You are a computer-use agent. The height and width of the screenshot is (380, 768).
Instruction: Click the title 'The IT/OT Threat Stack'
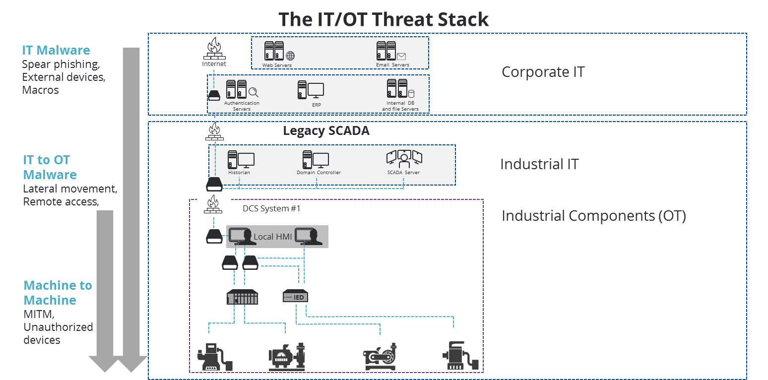pyautogui.click(x=383, y=19)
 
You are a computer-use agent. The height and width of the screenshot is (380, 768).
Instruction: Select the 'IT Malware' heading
pyautogui.click(x=56, y=50)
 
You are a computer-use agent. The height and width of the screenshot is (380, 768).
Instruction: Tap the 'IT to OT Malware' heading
pyautogui.click(x=50, y=167)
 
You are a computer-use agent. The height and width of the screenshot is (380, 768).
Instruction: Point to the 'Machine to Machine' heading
pyautogui.click(x=58, y=293)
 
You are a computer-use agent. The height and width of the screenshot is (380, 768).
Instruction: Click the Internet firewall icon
pyautogui.click(x=214, y=48)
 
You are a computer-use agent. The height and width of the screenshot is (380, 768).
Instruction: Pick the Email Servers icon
pyautogui.click(x=391, y=51)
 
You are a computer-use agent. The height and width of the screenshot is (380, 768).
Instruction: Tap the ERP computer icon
pyautogui.click(x=311, y=90)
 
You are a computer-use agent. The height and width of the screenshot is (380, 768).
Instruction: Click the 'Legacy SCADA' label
pyautogui.click(x=326, y=131)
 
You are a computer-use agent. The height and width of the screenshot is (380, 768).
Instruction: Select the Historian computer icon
pyautogui.click(x=241, y=159)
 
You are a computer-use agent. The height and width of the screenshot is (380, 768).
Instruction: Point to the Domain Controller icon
pyautogui.click(x=316, y=159)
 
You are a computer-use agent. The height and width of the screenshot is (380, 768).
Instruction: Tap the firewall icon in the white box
pyautogui.click(x=214, y=205)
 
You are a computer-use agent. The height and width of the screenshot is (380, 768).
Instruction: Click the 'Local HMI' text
pyautogui.click(x=272, y=237)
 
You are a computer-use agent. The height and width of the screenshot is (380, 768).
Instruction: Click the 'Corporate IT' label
pyautogui.click(x=543, y=72)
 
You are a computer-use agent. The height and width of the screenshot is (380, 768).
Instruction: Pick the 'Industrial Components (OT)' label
pyautogui.click(x=593, y=216)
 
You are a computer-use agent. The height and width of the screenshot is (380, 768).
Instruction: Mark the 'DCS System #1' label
pyautogui.click(x=271, y=208)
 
